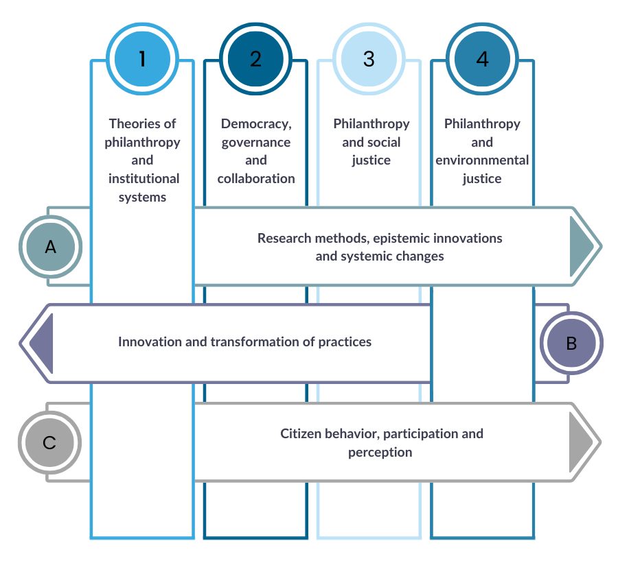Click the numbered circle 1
[x=142, y=60]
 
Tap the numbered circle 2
[x=255, y=60]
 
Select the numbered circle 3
[x=369, y=60]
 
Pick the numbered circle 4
[x=482, y=60]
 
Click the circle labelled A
[x=51, y=247]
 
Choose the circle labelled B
[x=571, y=344]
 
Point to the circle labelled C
[x=49, y=442]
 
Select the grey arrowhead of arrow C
[x=582, y=441]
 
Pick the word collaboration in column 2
[x=256, y=179]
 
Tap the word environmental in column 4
[x=482, y=161]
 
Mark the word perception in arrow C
[x=380, y=452]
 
